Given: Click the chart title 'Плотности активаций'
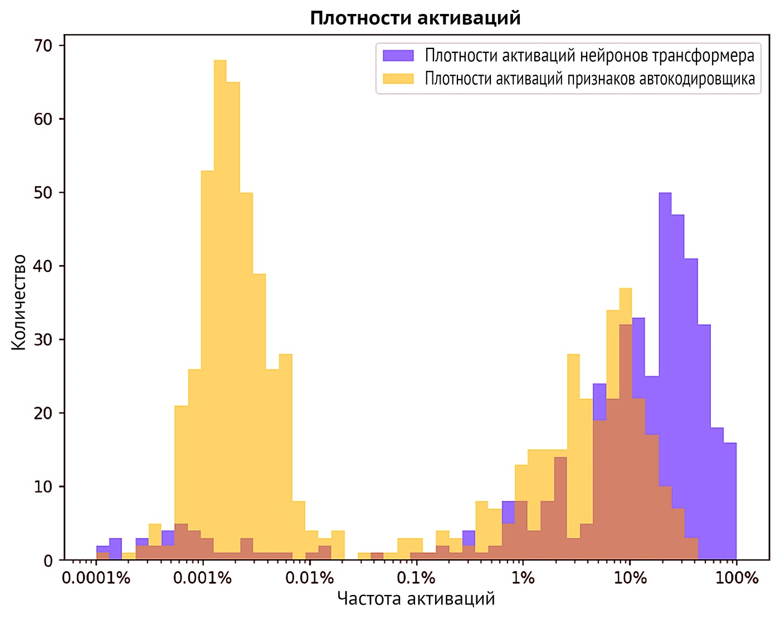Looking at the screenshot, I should pos(415,18).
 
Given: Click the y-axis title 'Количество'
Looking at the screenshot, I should pos(19,302).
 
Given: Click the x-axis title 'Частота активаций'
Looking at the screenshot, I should pos(416,599).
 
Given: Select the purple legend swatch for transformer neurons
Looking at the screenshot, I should pos(398,55).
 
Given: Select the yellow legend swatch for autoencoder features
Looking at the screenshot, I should pos(398,79).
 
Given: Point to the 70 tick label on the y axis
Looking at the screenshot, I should pos(43,46).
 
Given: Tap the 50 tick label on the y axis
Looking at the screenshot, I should pos(43,193).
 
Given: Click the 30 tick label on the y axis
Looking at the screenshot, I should pos(43,340).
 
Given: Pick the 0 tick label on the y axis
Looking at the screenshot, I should pos(48,560).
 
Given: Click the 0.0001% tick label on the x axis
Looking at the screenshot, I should pos(96,578).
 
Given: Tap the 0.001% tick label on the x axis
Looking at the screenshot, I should pos(202,578).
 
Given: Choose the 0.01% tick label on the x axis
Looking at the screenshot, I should pos(309,578).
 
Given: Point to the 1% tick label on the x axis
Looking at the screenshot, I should pos(523,578).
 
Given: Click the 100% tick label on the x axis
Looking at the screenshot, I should pos(736,578).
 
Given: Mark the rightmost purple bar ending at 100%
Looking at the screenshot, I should pos(730,501).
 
